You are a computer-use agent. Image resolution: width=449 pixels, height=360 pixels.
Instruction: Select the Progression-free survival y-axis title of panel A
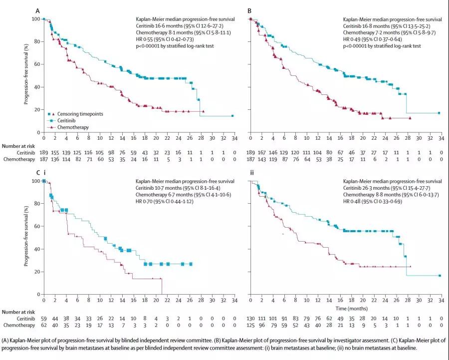26,75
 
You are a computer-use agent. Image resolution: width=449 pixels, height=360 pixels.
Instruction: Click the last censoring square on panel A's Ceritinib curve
232,116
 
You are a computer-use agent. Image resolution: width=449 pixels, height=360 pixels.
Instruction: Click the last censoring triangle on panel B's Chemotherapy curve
410,118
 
